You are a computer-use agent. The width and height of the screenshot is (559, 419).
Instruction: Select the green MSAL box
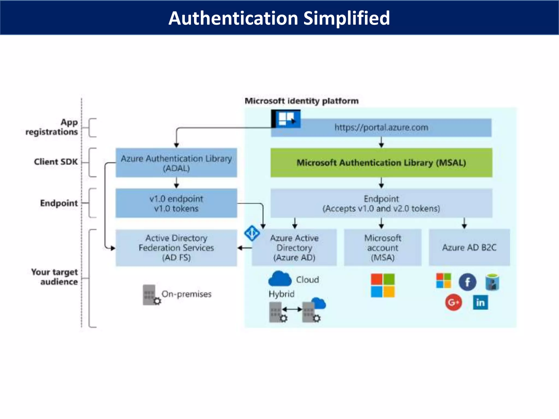coord(381,163)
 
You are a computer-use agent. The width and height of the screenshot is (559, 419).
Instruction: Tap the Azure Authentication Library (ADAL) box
coord(176,163)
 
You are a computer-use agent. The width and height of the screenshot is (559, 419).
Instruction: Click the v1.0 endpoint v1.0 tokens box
coord(176,203)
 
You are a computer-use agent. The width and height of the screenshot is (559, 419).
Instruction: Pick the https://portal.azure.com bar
coord(381,127)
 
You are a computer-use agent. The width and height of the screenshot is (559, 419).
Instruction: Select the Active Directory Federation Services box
coord(176,248)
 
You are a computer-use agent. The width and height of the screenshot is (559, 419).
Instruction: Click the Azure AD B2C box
coord(469,247)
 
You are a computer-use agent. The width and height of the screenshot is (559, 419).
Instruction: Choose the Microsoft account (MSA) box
coord(383,247)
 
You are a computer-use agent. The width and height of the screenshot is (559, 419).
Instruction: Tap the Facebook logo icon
coord(467,282)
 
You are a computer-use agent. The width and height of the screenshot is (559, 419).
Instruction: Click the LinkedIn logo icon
coord(480,303)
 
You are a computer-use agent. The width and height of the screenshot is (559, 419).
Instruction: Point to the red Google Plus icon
coord(453,303)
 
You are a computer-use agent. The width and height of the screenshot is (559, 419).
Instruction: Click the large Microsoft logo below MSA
coord(383,285)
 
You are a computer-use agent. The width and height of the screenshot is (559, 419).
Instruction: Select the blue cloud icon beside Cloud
coord(280,279)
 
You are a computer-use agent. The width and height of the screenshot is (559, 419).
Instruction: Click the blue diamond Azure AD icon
coord(252,233)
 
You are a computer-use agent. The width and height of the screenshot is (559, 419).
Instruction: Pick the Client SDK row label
coord(56,162)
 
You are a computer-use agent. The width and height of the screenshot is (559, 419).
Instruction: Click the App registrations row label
coord(52,127)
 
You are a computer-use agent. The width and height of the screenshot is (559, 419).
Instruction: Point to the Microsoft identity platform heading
coord(301,101)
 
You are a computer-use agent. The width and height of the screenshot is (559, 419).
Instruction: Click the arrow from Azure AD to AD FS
coord(245,248)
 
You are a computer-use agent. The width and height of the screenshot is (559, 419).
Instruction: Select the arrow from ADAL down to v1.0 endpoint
coord(176,183)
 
